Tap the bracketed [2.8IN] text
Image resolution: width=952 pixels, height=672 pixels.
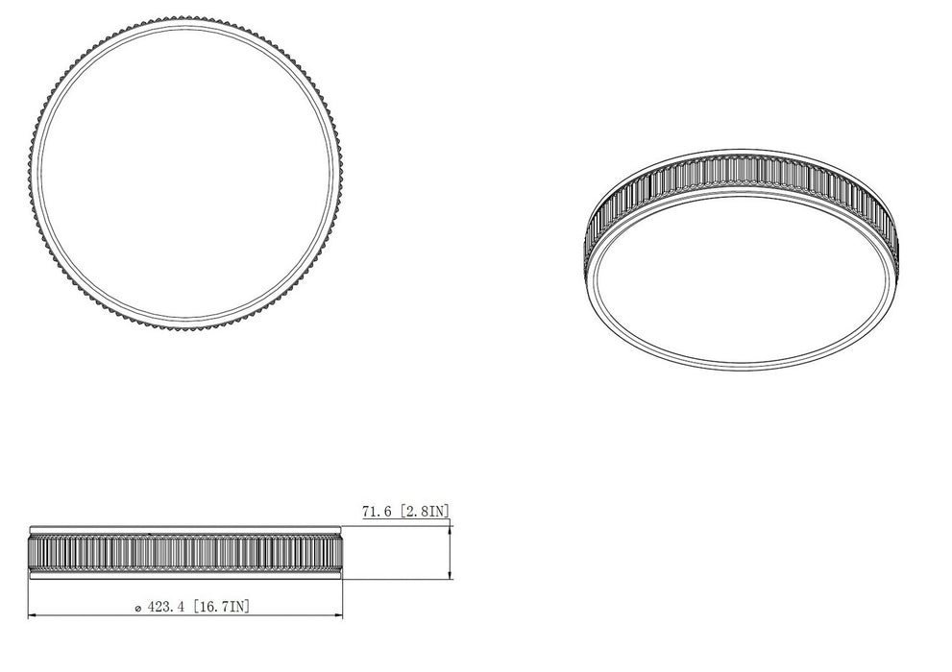(424, 513)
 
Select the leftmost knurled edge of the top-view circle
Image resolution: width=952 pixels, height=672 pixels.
(30, 174)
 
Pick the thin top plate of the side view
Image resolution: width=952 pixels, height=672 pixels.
(185, 529)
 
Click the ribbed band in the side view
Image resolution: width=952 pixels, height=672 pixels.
(185, 552)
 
